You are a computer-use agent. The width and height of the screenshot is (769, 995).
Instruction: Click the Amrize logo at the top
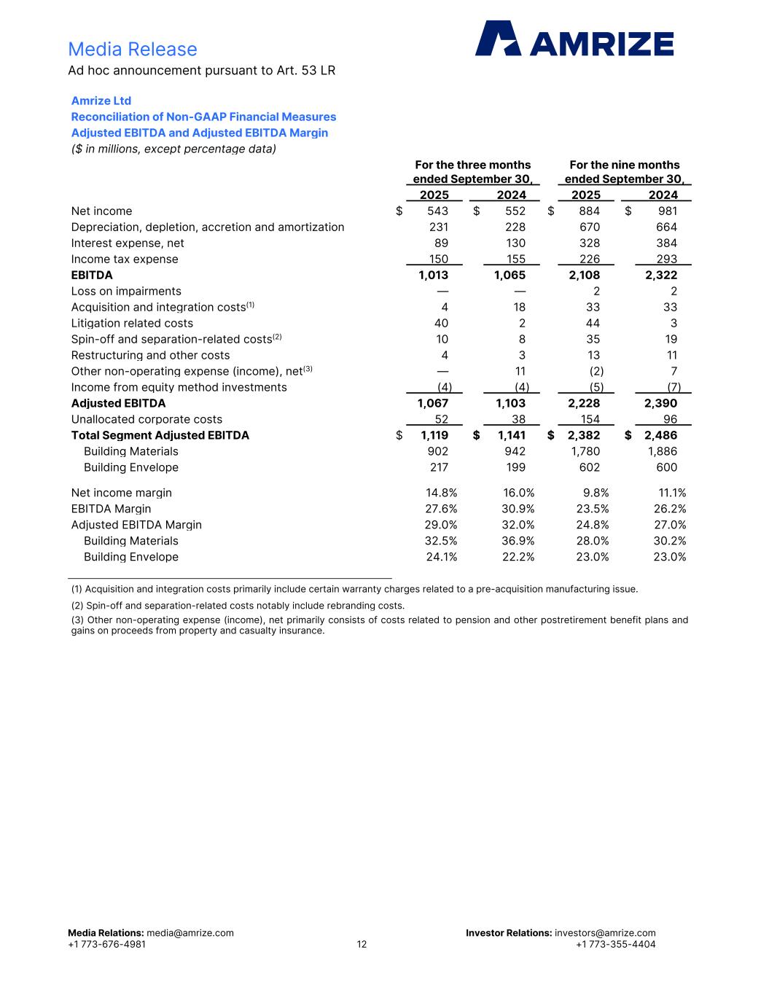coord(574,39)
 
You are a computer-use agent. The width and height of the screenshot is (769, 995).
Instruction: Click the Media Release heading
coord(133,49)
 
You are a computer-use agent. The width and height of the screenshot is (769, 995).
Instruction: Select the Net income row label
coord(101,211)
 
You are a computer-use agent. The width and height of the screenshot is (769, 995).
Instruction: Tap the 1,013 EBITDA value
coord(433,276)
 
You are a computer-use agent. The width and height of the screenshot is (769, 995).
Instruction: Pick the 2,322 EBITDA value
coord(661,276)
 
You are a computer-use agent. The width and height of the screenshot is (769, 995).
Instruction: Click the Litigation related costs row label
coord(132,324)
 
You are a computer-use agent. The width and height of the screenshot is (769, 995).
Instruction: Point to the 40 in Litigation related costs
coord(441,324)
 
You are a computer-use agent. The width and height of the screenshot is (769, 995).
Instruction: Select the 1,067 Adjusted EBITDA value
coord(433,404)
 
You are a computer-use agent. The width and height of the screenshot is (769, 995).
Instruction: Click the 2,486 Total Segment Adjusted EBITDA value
coord(660,436)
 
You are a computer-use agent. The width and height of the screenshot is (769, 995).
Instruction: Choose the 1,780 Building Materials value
coord(585,452)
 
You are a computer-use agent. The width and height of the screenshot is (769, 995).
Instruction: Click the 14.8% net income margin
coord(441,493)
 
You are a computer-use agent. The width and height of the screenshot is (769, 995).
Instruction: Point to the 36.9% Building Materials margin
coord(518,542)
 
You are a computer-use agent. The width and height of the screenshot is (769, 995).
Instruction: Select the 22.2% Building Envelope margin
coord(518,558)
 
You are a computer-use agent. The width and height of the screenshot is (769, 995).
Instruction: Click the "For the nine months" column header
coord(624,165)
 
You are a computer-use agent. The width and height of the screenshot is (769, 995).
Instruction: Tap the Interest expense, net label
coord(128,243)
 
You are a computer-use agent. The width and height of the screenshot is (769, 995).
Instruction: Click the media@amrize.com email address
coord(190,933)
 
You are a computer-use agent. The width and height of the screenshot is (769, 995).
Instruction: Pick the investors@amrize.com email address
coord(605,933)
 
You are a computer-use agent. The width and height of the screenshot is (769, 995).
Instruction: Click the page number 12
coord(362,945)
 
